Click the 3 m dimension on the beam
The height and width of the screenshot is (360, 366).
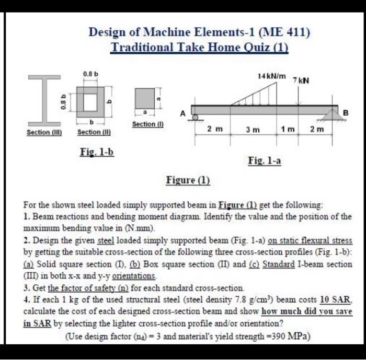[253, 129]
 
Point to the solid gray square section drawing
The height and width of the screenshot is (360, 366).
[145, 98]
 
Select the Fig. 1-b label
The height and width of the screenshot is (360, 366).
[96, 152]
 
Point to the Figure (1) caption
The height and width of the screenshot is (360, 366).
[188, 181]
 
